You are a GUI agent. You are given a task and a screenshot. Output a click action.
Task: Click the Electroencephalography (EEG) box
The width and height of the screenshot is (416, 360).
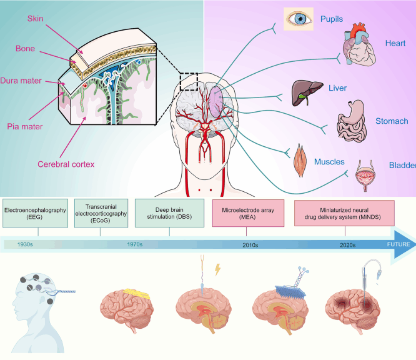click(34, 214)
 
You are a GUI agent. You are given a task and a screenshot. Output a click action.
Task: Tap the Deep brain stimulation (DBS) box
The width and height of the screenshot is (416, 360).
click(169, 214)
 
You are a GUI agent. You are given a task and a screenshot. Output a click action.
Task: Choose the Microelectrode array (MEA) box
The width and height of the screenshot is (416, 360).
click(246, 214)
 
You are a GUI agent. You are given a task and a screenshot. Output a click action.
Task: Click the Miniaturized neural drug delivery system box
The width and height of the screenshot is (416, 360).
click(344, 214)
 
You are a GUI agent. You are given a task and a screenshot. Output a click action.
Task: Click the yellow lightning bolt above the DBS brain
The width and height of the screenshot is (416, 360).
click(218, 269)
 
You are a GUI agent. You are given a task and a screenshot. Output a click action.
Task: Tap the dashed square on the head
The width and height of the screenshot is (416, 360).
click(188, 81)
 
